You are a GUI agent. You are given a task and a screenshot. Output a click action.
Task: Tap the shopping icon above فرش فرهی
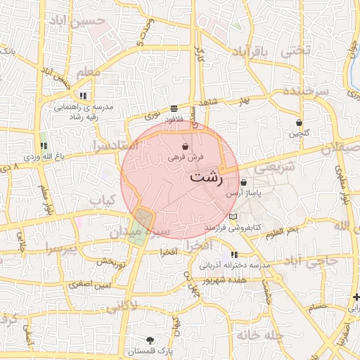click(185, 147)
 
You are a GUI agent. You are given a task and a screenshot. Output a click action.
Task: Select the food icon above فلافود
click(173, 109)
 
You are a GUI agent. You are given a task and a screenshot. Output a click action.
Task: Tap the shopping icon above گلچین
click(300, 122)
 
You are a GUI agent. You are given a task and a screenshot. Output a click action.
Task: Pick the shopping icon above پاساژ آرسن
click(243, 182)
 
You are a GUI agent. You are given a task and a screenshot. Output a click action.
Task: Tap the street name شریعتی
click(268, 169)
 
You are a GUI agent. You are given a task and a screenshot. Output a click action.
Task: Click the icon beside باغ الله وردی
click(44, 146)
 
